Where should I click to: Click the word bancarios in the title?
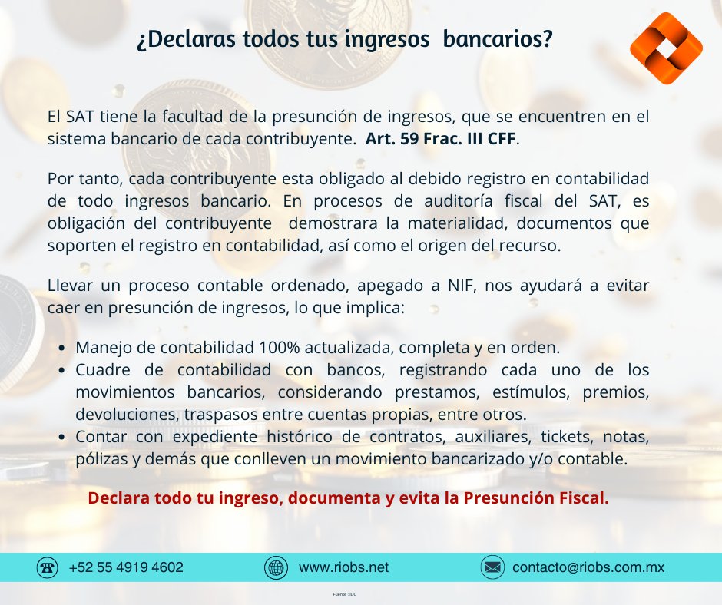click(x=499, y=41)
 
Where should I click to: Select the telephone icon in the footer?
click(x=48, y=568)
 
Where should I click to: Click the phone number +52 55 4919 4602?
click(x=126, y=568)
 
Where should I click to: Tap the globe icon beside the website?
click(x=275, y=568)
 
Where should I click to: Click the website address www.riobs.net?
click(x=343, y=568)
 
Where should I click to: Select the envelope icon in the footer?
click(x=492, y=568)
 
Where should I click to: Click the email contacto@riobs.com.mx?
click(x=588, y=568)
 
